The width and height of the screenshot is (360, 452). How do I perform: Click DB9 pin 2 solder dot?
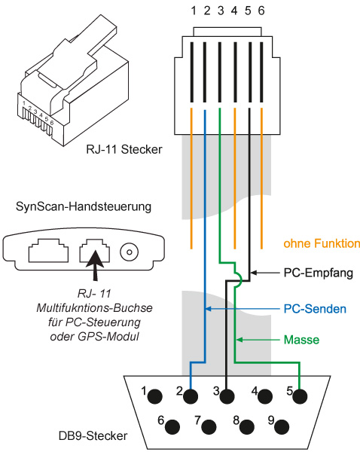point(191,396)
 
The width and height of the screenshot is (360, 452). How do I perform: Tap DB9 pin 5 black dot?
point(300,396)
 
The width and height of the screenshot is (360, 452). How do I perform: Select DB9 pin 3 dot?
point(227,396)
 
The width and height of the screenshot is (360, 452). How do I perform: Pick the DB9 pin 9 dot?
point(282,426)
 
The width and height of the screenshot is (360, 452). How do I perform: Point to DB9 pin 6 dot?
point(172,426)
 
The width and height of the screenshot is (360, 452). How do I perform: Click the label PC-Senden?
point(315,309)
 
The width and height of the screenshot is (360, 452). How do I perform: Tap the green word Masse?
point(301,340)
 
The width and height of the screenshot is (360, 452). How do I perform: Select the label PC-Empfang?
point(319,273)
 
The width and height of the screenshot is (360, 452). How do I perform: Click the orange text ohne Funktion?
point(322,243)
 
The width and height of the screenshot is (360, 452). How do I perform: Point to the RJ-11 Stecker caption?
point(124,150)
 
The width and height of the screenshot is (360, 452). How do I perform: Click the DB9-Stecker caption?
point(93,435)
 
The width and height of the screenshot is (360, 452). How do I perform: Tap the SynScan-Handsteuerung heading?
point(84,206)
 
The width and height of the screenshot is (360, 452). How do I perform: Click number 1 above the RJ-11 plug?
point(194,11)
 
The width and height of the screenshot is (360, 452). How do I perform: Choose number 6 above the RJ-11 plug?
point(261,11)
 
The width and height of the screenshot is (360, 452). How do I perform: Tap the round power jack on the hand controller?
point(130,252)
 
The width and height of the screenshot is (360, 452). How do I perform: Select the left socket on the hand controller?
point(48,250)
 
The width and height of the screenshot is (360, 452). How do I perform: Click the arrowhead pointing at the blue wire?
point(208,309)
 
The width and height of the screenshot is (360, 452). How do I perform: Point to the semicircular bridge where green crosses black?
point(239,279)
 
